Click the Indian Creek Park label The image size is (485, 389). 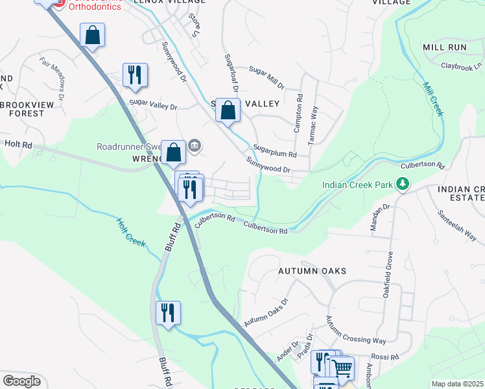pyautogui.click(x=358, y=185)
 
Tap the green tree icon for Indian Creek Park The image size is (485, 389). pyautogui.click(x=403, y=185)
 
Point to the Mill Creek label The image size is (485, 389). pyautogui.click(x=433, y=99)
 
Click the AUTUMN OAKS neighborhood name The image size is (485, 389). pyautogui.click(x=312, y=271)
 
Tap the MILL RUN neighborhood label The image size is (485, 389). pyautogui.click(x=444, y=48)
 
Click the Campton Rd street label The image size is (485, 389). pyautogui.click(x=299, y=114)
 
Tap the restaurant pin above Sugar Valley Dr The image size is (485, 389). pyautogui.click(x=135, y=75)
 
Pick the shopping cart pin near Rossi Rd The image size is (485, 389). pyautogui.click(x=342, y=368)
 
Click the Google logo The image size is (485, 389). pyautogui.click(x=21, y=381)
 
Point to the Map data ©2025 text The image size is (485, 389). pyautogui.click(x=458, y=384)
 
